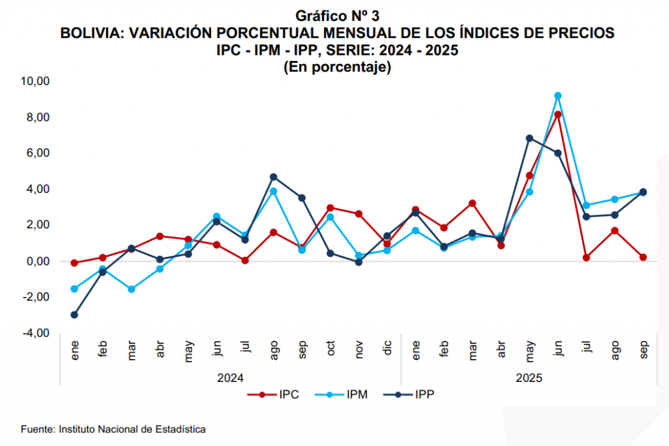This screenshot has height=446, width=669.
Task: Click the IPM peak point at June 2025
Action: tap(558, 95)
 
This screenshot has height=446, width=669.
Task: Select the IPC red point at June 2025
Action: tap(558, 114)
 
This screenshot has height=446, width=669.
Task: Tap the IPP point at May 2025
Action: tap(530, 138)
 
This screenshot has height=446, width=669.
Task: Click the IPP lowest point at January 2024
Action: tap(74, 315)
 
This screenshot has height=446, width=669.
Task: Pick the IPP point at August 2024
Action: tap(274, 177)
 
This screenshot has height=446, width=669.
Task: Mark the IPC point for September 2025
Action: tap(643, 257)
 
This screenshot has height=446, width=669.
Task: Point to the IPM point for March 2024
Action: tap(131, 289)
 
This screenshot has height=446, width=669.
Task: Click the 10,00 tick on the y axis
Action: tap(36, 81)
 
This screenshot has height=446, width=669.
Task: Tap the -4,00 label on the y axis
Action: tap(36, 333)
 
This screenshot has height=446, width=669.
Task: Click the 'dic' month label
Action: tap(388, 348)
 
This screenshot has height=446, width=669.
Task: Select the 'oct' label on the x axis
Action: tap(331, 348)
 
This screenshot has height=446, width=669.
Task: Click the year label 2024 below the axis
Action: tap(231, 377)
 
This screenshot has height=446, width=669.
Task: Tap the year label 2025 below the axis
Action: tap(529, 377)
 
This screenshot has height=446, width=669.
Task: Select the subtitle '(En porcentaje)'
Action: tap(337, 67)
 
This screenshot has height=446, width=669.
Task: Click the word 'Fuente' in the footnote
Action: tap(37, 430)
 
